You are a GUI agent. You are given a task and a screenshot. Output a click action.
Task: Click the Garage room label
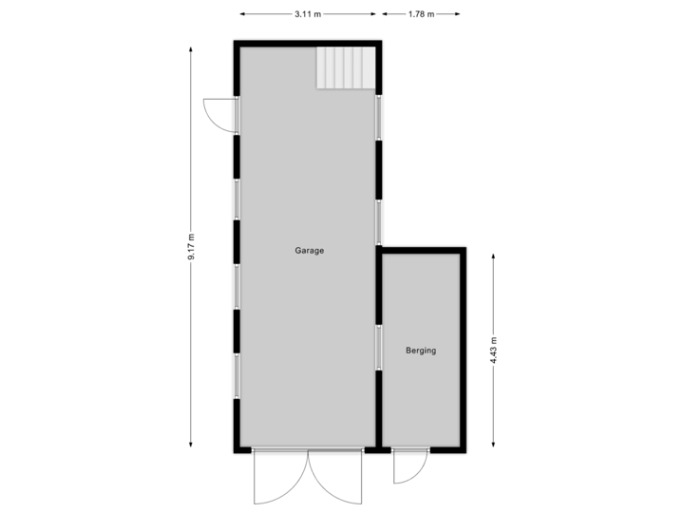click(x=309, y=251)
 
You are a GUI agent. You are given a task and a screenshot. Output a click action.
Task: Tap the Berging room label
click(x=421, y=351)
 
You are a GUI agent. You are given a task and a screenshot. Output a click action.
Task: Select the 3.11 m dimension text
click(x=308, y=14)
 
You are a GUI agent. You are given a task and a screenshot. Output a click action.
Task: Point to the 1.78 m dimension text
click(x=420, y=14)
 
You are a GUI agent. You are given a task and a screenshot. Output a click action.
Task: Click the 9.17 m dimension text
click(x=191, y=249)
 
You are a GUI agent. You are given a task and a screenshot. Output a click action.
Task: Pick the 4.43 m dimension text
click(x=493, y=350)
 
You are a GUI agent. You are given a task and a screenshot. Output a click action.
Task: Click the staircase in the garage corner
click(x=346, y=68)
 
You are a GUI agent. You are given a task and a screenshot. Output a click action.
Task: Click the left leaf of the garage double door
click(x=279, y=479)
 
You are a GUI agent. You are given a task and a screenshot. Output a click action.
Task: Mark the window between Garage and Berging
click(x=378, y=348)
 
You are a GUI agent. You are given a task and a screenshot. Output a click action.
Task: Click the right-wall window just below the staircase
click(x=378, y=117)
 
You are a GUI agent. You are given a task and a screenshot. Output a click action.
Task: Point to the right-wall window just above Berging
click(x=378, y=221)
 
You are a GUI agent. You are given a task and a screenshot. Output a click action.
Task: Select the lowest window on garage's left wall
click(x=237, y=375)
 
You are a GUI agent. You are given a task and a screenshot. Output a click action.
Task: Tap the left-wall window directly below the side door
click(x=237, y=199)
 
